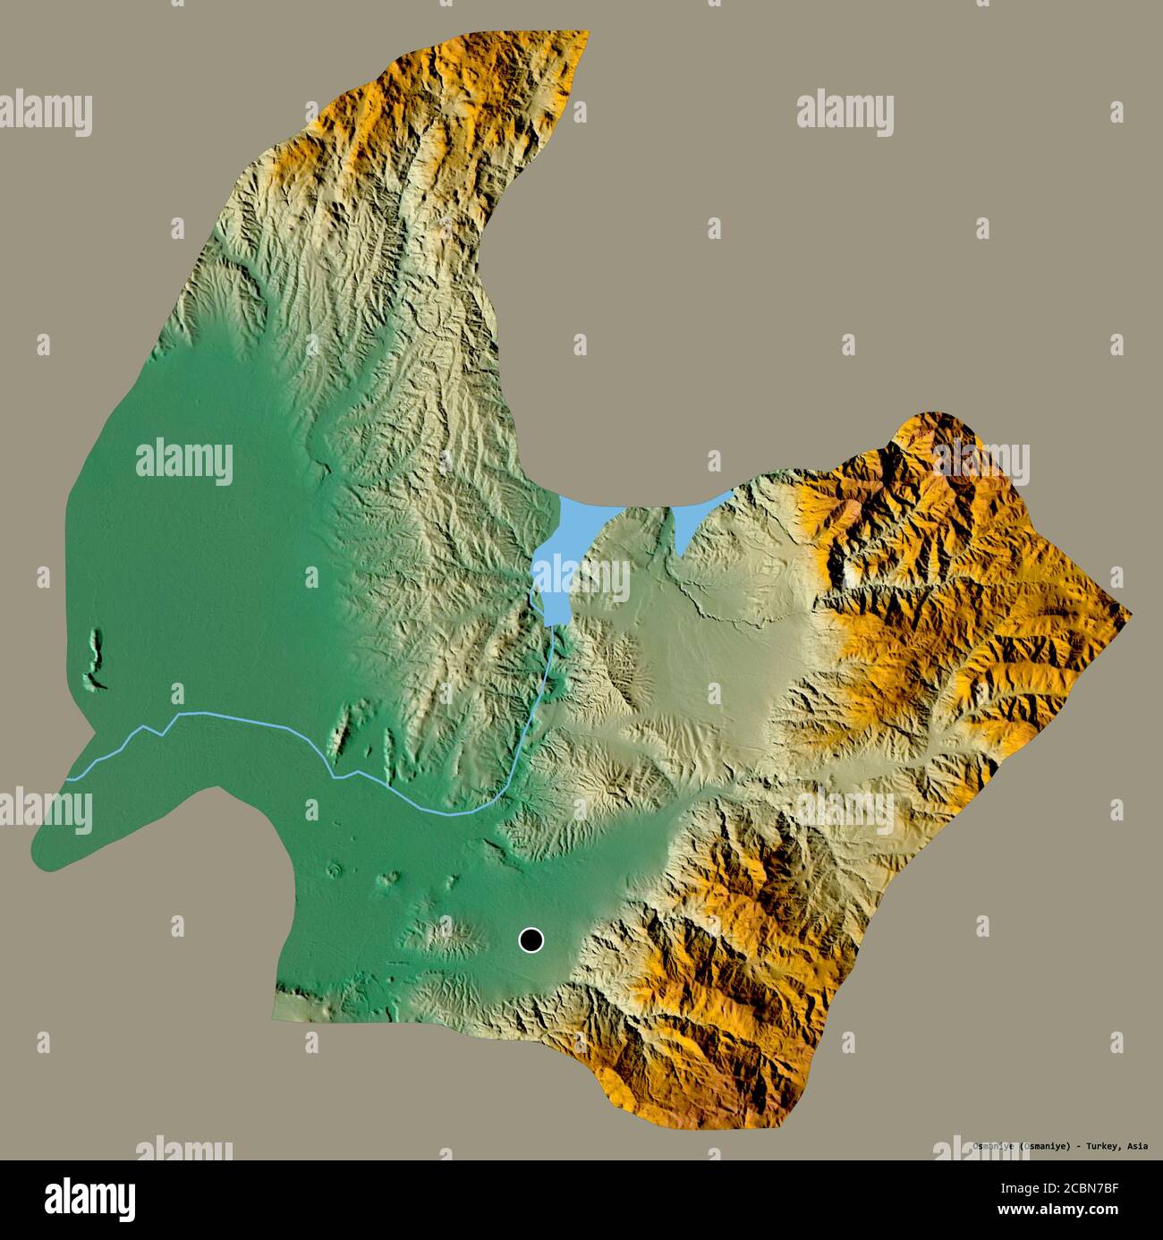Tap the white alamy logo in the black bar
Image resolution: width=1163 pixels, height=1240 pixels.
point(93,1197)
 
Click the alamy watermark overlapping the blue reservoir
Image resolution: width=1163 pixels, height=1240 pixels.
point(581,581)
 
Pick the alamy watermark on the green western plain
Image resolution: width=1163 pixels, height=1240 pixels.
point(184,462)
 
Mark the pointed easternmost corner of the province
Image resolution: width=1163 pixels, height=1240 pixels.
point(1130,614)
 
